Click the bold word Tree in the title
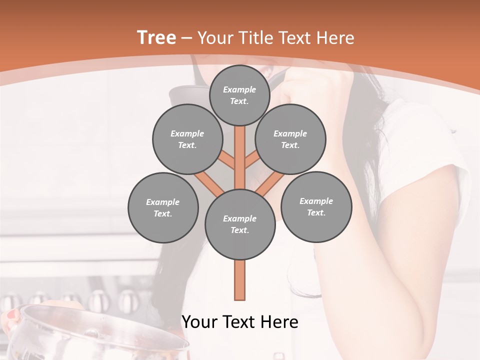(x=156, y=37)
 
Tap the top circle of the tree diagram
(x=239, y=95)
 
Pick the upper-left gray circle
(x=187, y=139)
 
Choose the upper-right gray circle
(x=290, y=139)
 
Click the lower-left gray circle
(x=163, y=207)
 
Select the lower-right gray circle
(x=316, y=206)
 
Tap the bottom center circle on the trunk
(x=240, y=224)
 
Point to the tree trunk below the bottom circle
(x=240, y=280)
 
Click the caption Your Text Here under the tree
(x=240, y=322)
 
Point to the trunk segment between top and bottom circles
(x=240, y=155)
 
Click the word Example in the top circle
(x=239, y=89)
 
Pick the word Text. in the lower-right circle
(x=316, y=212)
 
